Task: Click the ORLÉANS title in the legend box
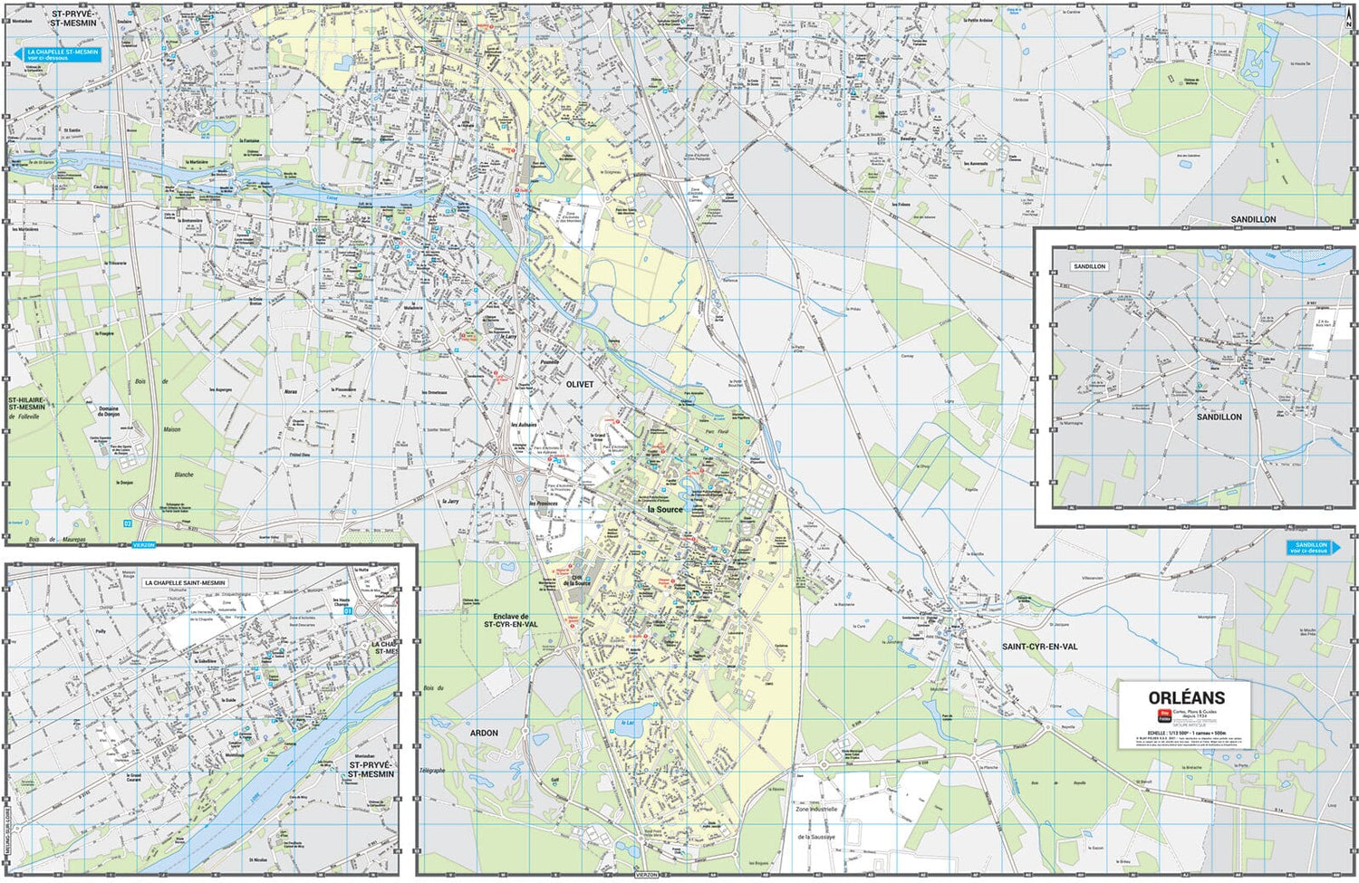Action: coord(1186,698)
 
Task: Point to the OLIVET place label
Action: coord(580,385)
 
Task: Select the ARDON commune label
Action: coord(484,733)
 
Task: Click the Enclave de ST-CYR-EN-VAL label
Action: coord(510,620)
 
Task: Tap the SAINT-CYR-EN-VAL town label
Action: coord(1039,647)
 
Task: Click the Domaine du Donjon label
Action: coord(109,411)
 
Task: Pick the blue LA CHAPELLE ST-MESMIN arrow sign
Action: coord(60,54)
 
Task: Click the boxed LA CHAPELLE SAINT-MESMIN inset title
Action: coord(185,583)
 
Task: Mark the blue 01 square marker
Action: coord(347,610)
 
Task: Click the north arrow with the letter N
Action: coord(1348,24)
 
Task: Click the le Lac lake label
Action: coord(629,723)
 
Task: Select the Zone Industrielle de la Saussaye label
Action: coord(816,823)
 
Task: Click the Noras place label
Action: coord(291,392)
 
